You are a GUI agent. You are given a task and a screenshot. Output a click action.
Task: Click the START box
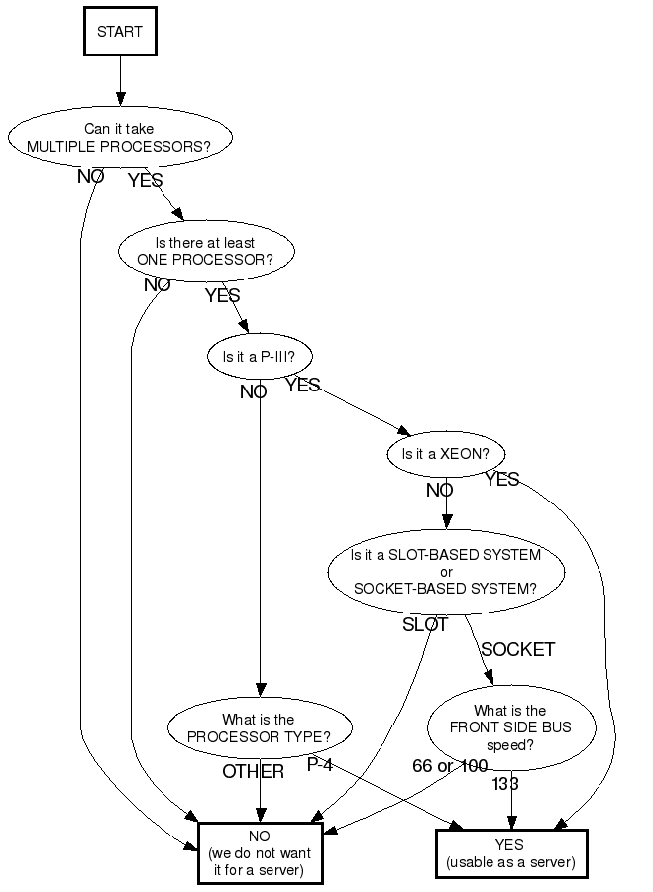(x=119, y=31)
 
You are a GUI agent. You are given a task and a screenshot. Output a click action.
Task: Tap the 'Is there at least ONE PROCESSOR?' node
(x=206, y=251)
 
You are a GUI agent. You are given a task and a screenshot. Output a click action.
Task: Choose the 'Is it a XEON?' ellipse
(x=446, y=455)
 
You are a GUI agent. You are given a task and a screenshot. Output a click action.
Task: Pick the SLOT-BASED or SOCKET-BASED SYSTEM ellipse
(x=446, y=571)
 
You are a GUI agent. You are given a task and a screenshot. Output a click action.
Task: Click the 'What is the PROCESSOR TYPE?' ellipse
(x=259, y=727)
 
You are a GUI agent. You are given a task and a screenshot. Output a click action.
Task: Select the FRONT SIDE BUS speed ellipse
(x=510, y=727)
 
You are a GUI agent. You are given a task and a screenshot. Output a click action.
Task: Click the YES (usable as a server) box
(x=511, y=853)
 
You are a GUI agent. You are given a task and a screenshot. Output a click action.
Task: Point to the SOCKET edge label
(x=517, y=650)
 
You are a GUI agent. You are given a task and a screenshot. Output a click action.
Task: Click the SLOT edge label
(x=425, y=625)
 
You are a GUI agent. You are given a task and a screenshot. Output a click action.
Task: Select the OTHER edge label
(x=253, y=771)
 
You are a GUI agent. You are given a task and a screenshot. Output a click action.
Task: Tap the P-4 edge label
(x=320, y=764)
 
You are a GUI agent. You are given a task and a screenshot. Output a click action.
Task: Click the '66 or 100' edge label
(x=450, y=766)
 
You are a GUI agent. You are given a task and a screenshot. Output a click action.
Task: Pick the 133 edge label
(x=505, y=784)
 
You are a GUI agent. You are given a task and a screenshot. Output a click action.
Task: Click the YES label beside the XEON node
(x=501, y=480)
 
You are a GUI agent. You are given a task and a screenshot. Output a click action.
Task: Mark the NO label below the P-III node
(x=253, y=391)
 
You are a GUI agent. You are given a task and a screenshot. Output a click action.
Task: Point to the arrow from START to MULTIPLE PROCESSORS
(x=120, y=79)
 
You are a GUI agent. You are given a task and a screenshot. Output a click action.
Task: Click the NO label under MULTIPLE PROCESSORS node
(x=91, y=177)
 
